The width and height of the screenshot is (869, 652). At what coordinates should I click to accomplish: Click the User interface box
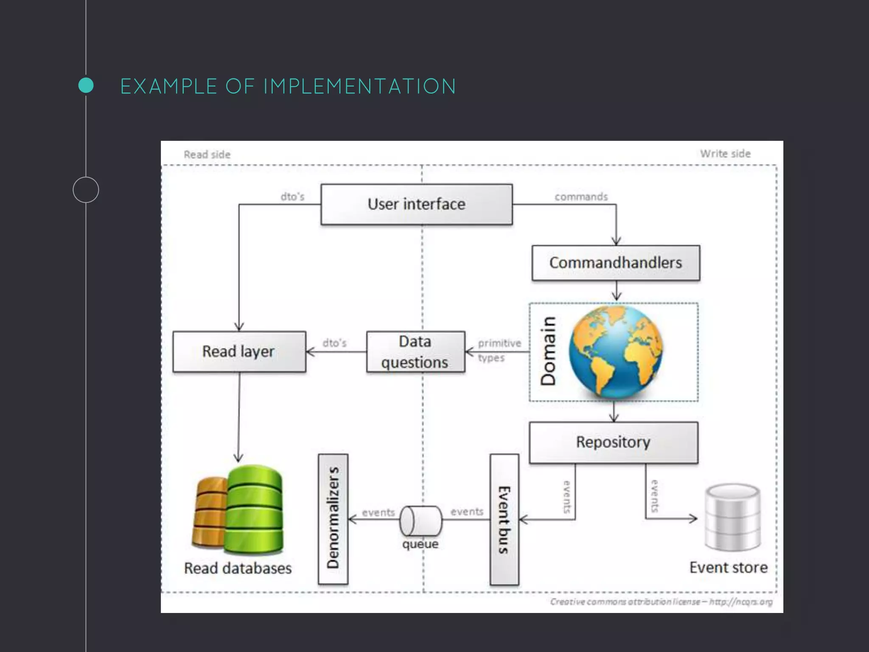tap(416, 204)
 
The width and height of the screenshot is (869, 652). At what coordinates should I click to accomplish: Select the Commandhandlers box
tap(616, 263)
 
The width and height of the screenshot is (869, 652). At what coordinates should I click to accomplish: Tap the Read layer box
tap(239, 351)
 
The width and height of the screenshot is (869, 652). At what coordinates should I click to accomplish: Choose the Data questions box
tap(415, 352)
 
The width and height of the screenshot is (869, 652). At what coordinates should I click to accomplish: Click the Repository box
tap(613, 442)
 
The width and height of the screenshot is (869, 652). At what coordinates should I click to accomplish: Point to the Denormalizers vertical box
tap(333, 519)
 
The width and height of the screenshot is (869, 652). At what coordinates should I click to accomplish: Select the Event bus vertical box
tap(504, 520)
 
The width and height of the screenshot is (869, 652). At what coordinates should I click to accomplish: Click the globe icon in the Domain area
tap(616, 352)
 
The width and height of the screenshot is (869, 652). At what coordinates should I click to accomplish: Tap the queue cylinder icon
tap(420, 521)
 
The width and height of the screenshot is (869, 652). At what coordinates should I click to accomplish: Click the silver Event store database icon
tap(733, 517)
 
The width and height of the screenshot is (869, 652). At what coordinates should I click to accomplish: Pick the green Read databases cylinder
tap(255, 509)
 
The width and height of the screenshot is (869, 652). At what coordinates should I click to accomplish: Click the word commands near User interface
tap(581, 197)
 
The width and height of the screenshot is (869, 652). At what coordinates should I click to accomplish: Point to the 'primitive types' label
tap(498, 350)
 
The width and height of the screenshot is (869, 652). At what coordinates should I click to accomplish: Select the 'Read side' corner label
tap(207, 155)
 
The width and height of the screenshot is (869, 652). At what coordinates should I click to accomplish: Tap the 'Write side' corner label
tap(725, 154)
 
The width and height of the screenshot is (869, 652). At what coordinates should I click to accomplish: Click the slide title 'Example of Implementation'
tap(288, 86)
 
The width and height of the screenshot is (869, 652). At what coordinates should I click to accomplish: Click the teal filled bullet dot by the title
tap(86, 85)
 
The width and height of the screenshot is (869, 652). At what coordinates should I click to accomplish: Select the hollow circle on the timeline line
tap(86, 190)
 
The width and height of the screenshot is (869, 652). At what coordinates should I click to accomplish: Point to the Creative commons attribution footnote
tap(661, 601)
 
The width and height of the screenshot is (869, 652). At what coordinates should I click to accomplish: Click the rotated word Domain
tap(548, 351)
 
